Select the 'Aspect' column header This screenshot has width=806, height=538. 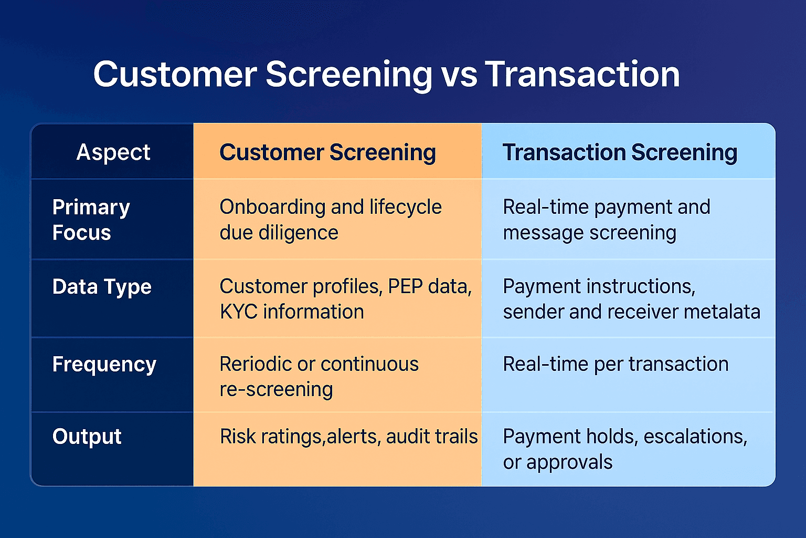(x=113, y=152)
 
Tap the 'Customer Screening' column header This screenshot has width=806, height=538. (x=327, y=152)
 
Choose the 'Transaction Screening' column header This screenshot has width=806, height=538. (x=620, y=152)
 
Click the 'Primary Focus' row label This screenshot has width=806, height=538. (x=91, y=220)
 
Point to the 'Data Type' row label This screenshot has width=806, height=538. (x=102, y=287)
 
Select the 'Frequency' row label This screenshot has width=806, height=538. (x=104, y=364)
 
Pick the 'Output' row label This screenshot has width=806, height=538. (x=87, y=437)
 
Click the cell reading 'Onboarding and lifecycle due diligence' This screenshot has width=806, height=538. (x=331, y=220)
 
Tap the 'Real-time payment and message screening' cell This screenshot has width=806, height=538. (x=606, y=220)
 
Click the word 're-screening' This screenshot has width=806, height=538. (x=276, y=390)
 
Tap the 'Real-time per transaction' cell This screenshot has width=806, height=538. (x=616, y=364)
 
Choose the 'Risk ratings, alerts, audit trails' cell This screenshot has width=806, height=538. (x=348, y=437)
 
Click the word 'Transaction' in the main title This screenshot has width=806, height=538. (x=582, y=75)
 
